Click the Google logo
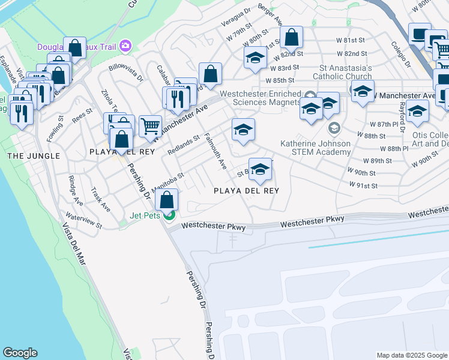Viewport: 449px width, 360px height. pyautogui.click(x=20, y=353)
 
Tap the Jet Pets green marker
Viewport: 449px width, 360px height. pyautogui.click(x=170, y=215)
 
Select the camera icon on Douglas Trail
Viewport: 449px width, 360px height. pyautogui.click(x=125, y=46)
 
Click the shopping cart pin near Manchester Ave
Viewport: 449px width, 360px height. pyautogui.click(x=150, y=126)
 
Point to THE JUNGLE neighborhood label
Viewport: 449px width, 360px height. pyautogui.click(x=34, y=156)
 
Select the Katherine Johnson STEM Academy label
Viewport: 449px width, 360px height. pyautogui.click(x=316, y=148)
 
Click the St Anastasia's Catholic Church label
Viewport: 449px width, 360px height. pyautogui.click(x=346, y=73)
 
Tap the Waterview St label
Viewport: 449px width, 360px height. pyautogui.click(x=83, y=220)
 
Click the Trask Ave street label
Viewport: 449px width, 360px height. pyautogui.click(x=100, y=199)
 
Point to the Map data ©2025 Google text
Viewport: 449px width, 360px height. pyautogui.click(x=412, y=355)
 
